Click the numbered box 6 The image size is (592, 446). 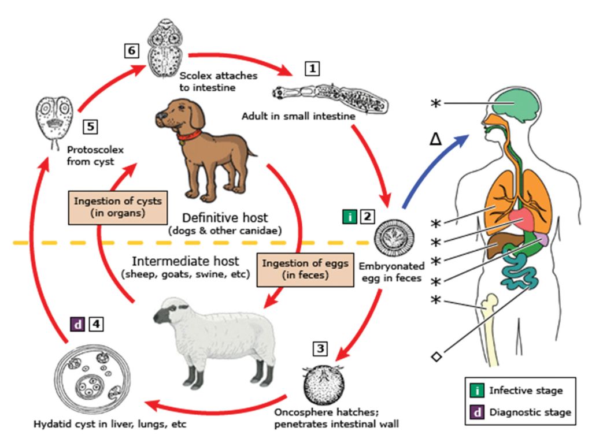(131, 51)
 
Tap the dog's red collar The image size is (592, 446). (189, 136)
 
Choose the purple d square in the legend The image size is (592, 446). (476, 412)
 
